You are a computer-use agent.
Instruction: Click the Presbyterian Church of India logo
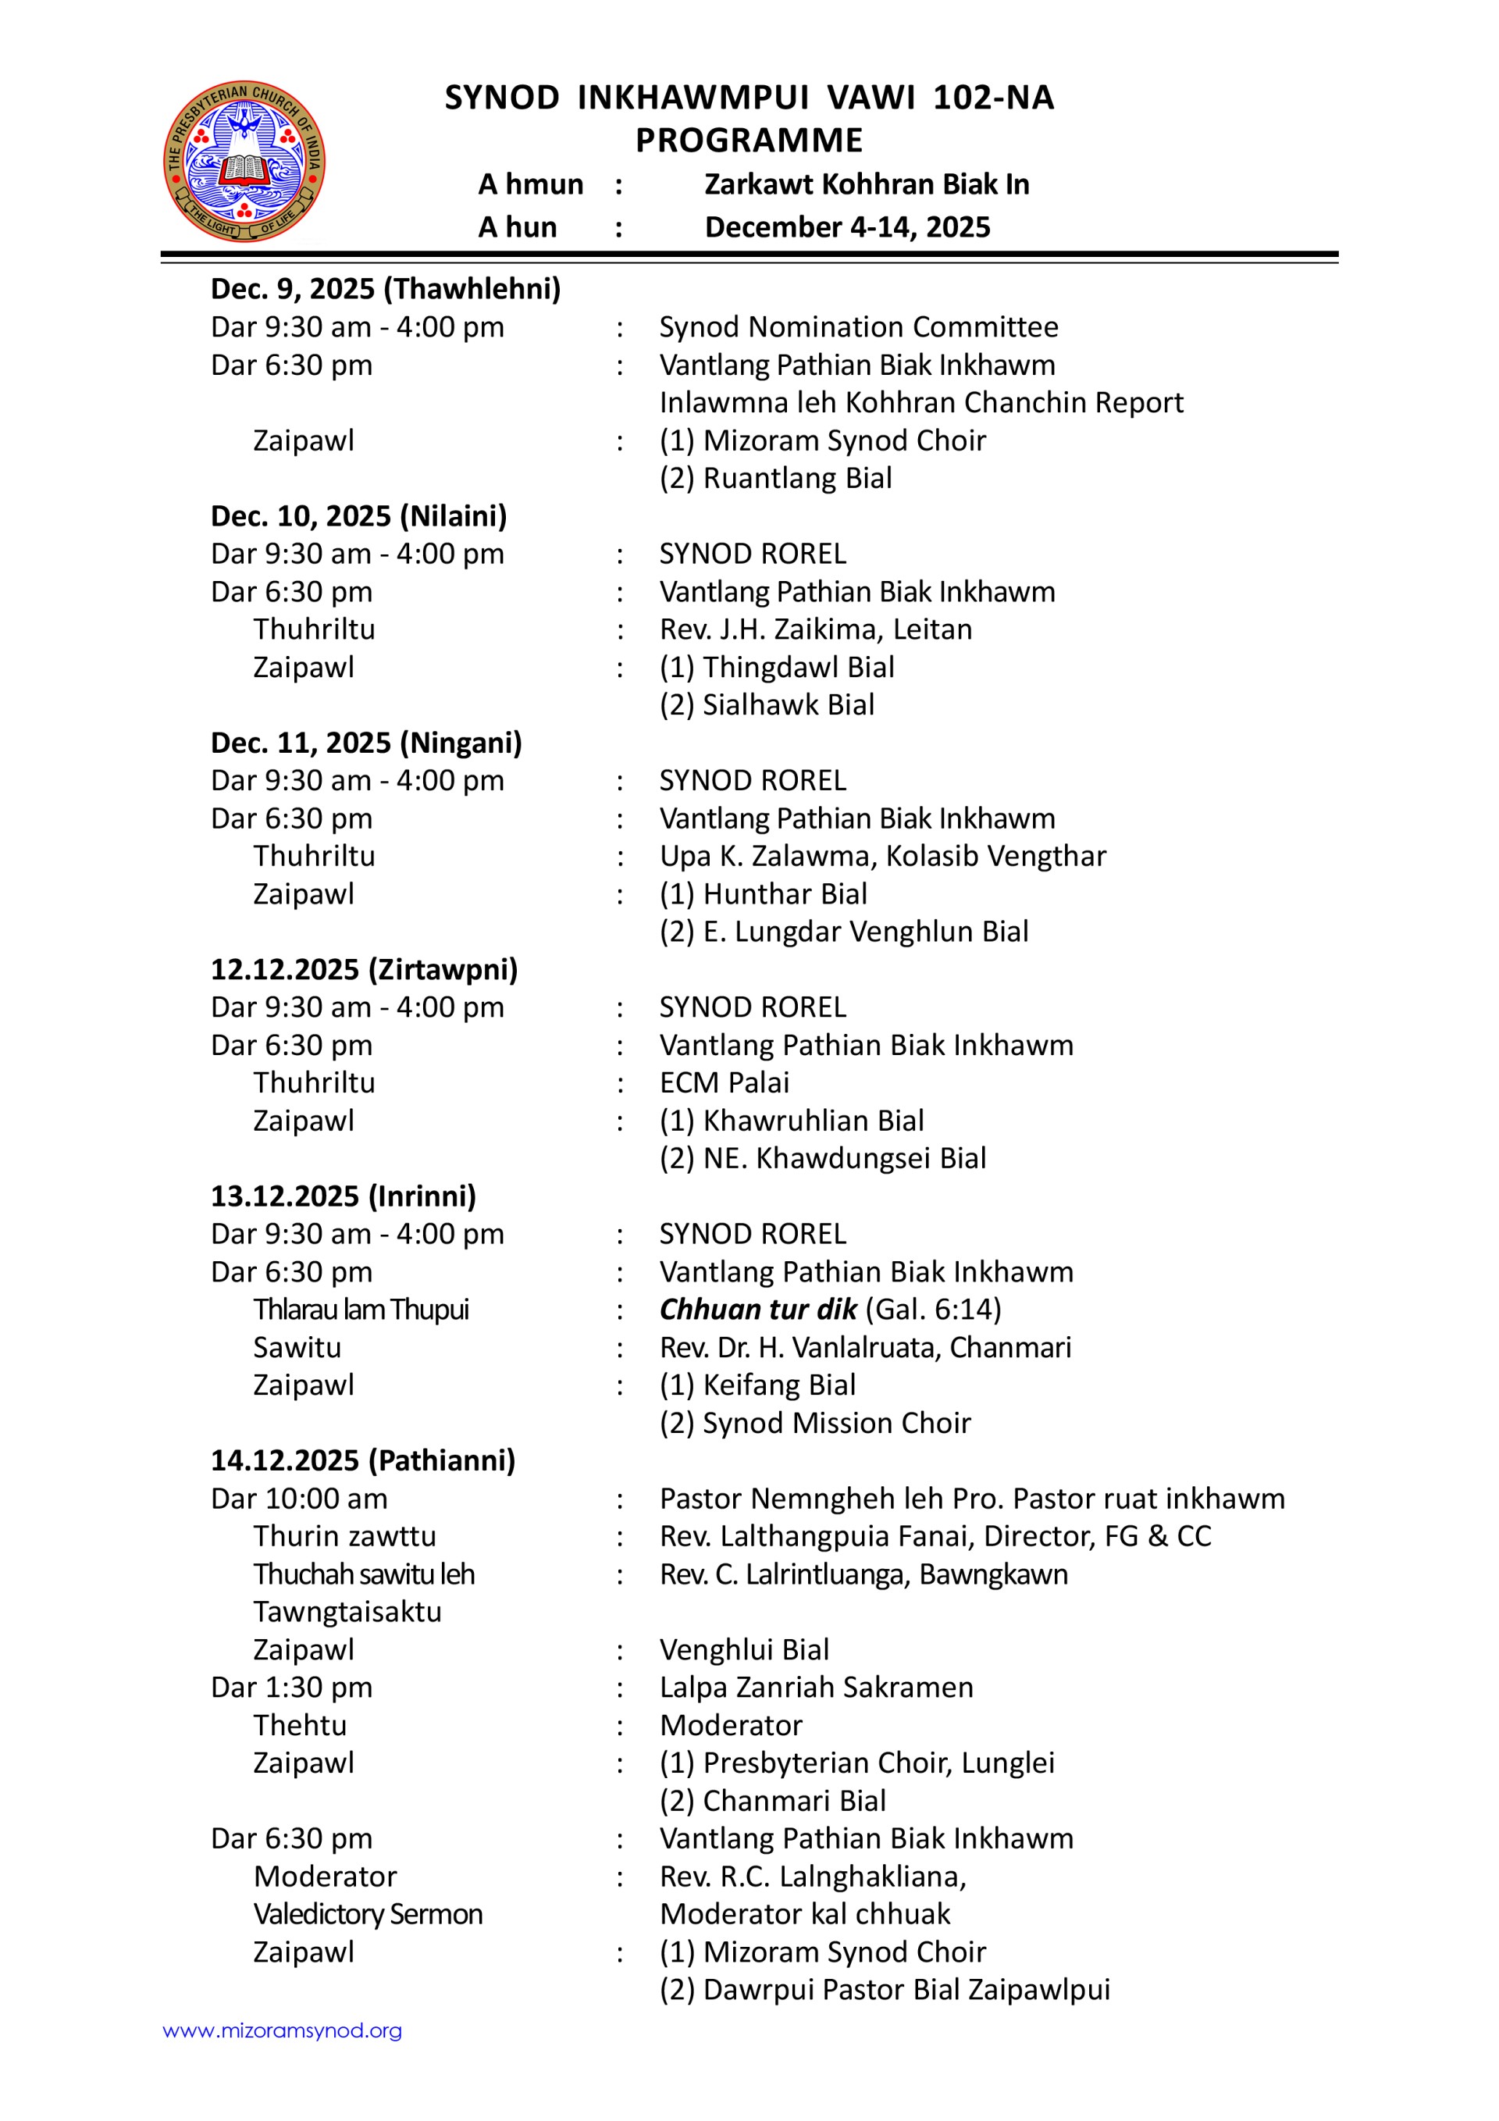[244, 161]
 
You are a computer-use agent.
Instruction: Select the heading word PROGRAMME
[749, 141]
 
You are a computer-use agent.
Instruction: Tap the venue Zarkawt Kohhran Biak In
[867, 185]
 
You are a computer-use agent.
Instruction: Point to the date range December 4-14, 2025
[847, 227]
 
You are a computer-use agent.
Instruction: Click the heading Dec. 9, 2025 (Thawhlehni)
[385, 289]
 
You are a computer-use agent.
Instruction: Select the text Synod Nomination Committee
[858, 327]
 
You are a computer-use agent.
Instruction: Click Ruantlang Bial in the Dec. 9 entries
[797, 479]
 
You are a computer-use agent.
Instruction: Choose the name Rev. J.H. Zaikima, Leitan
[816, 629]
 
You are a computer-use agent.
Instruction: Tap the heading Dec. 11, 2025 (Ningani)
[365, 743]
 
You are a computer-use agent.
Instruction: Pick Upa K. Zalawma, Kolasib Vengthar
[882, 857]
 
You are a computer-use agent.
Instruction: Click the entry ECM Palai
[724, 1082]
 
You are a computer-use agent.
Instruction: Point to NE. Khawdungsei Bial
[844, 1158]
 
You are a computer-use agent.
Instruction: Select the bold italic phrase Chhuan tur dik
[757, 1309]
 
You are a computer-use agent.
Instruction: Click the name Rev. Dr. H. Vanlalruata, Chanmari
[864, 1348]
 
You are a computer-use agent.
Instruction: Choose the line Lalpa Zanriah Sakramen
[816, 1688]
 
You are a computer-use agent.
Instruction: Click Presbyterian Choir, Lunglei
[878, 1763]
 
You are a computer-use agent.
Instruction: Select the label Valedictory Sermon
[368, 1914]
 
